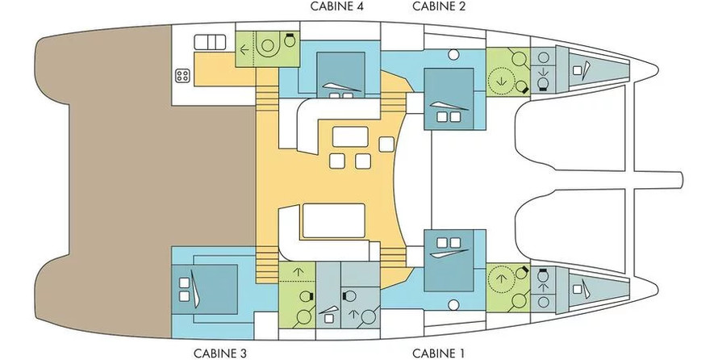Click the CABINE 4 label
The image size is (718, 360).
pyautogui.click(x=337, y=6)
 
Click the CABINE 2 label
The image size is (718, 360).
pyautogui.click(x=439, y=6)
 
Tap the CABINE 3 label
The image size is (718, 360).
pyautogui.click(x=219, y=354)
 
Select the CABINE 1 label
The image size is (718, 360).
pyautogui.click(x=438, y=354)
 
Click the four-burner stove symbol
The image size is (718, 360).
pyautogui.click(x=182, y=76)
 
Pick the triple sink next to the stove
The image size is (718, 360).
pyautogui.click(x=211, y=42)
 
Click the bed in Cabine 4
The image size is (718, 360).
pyautogui.click(x=341, y=74)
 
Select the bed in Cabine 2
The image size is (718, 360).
pyautogui.click(x=449, y=99)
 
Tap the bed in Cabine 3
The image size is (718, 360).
pyautogui.click(x=205, y=289)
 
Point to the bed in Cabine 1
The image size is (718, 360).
pyautogui.click(x=449, y=261)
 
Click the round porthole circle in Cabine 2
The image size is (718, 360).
pyautogui.click(x=453, y=55)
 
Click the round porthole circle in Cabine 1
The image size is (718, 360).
pyautogui.click(x=453, y=304)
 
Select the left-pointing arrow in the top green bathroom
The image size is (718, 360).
pyautogui.click(x=245, y=49)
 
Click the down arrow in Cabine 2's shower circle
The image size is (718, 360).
pyautogui.click(x=503, y=81)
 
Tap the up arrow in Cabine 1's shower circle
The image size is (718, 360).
pyautogui.click(x=503, y=278)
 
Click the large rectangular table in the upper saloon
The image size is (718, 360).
pyautogui.click(x=350, y=136)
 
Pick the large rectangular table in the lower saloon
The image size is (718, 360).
pyautogui.click(x=334, y=221)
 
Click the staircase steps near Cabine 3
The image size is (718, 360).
pyautogui.click(x=267, y=266)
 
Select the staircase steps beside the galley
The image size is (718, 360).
pyautogui.click(x=267, y=99)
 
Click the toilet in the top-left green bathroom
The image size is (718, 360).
pyautogui.click(x=289, y=40)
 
